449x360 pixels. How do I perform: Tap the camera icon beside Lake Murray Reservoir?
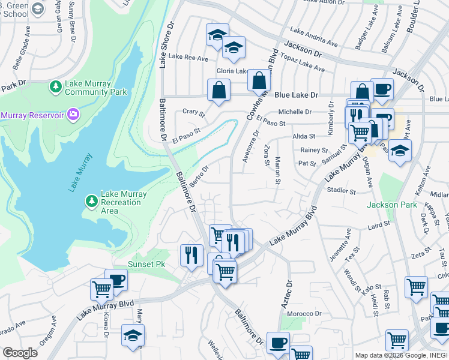tap(73, 114)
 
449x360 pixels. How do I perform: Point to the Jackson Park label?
tap(391, 205)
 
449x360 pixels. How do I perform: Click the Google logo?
tap(20, 353)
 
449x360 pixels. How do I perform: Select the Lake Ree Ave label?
tap(188, 57)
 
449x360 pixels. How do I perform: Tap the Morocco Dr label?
tap(304, 314)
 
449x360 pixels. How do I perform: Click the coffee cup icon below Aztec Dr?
tap(277, 343)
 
